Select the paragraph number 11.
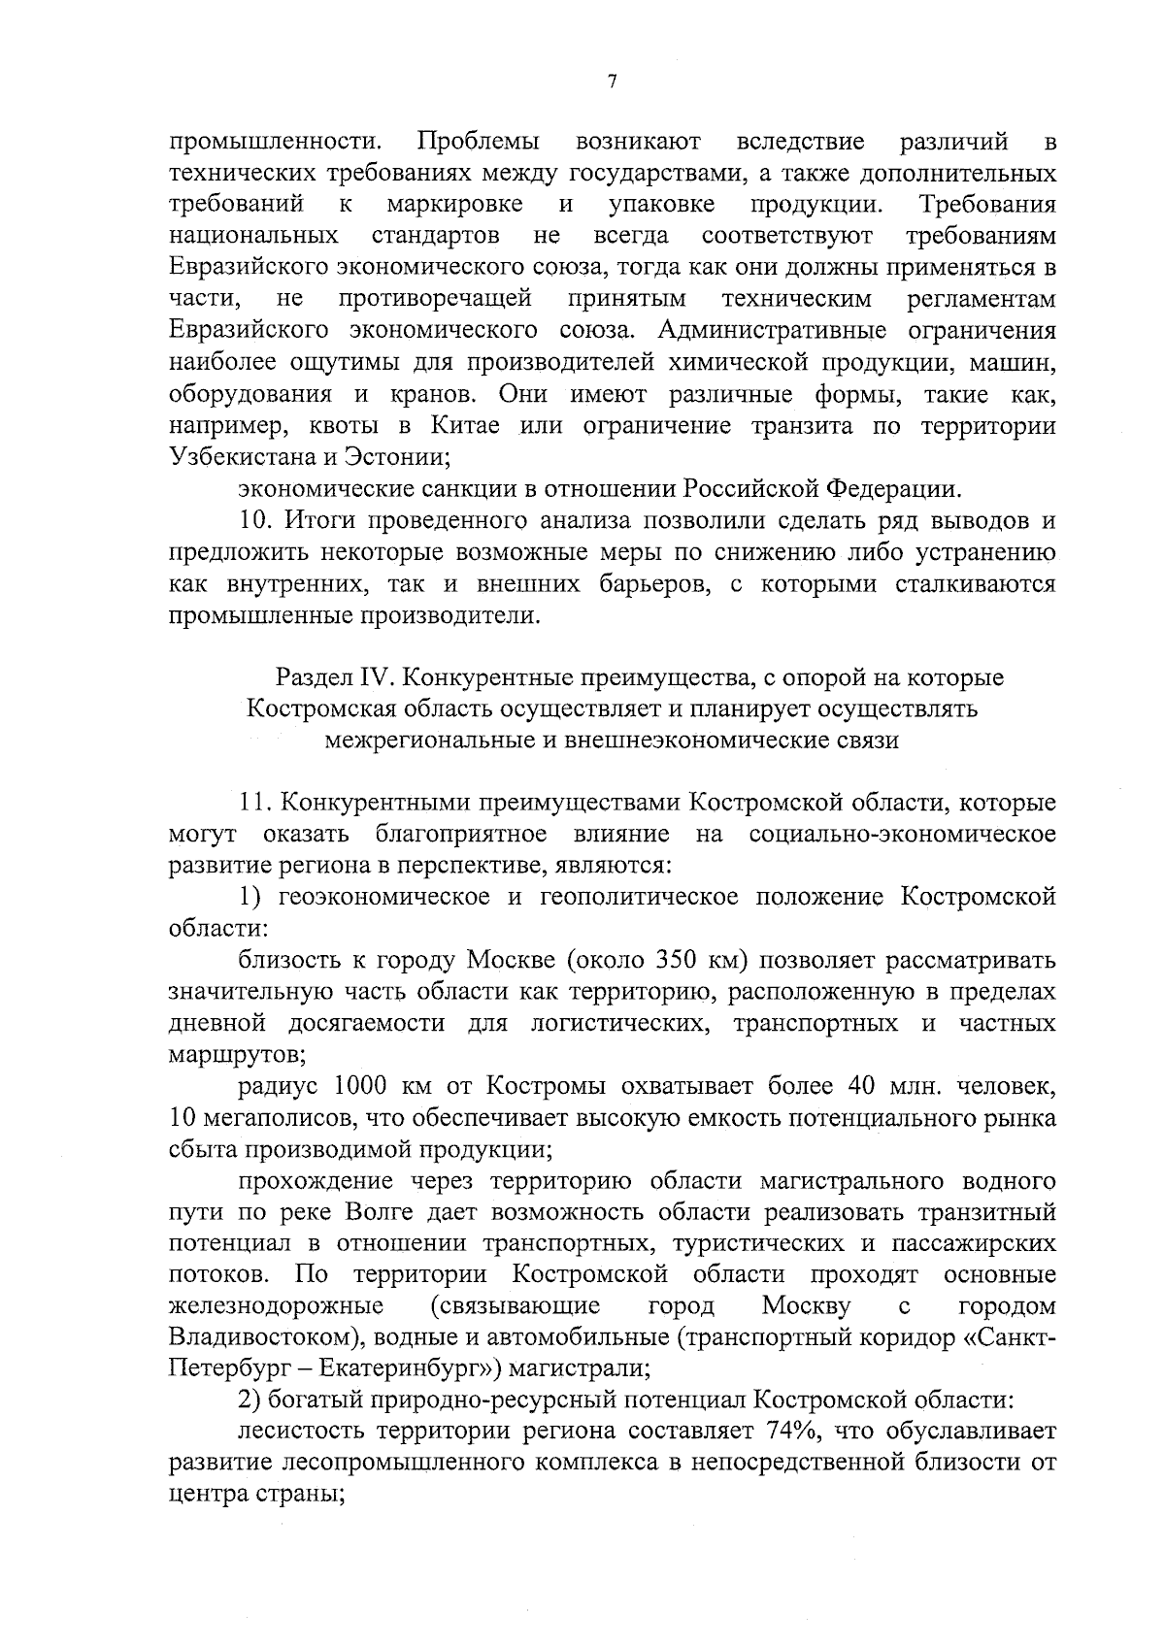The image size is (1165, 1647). point(253,803)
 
